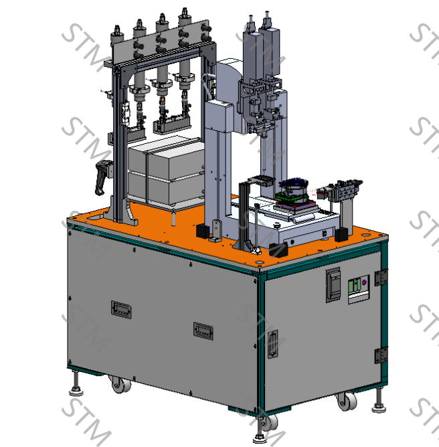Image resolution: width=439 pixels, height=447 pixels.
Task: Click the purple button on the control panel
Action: coord(364,282)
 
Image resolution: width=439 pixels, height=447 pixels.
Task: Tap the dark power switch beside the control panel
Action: coord(333,285)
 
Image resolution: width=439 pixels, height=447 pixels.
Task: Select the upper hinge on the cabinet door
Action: coord(381,278)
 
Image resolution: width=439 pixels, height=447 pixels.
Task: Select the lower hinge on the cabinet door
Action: coord(381,355)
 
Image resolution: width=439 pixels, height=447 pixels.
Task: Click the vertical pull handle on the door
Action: coord(272,344)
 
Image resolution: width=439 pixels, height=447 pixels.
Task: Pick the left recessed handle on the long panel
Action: coord(121,309)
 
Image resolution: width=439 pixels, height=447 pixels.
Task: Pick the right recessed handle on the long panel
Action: coord(203,331)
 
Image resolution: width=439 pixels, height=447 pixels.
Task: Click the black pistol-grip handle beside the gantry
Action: coord(102,177)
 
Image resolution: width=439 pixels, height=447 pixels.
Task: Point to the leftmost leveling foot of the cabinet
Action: coord(76,383)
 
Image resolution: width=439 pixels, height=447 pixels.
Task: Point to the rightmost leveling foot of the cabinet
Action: coord(379,401)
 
